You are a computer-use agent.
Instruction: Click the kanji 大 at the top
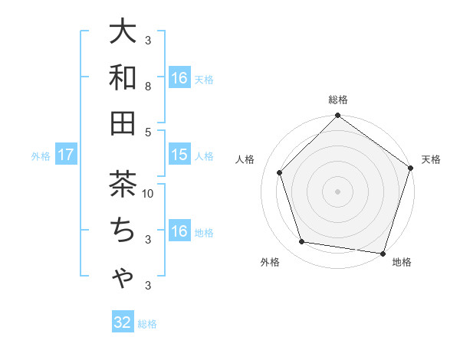point(123,32)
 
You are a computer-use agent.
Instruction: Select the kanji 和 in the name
point(123,77)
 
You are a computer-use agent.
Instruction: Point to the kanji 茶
point(123,185)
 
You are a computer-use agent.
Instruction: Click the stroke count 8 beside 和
point(149,87)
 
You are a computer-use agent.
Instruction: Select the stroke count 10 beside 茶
point(149,194)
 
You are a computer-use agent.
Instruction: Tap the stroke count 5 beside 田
point(149,132)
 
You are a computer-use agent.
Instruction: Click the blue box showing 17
point(66,155)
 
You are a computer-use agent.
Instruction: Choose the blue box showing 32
point(123,322)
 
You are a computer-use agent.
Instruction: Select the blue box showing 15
point(179,155)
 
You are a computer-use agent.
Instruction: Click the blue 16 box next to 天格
point(179,77)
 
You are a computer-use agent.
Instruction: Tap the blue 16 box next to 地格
point(179,231)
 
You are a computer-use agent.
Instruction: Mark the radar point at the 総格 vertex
point(337,116)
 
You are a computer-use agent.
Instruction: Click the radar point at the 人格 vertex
point(280,172)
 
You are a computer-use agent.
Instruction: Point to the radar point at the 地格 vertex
point(383,253)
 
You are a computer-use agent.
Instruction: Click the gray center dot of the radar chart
point(337,191)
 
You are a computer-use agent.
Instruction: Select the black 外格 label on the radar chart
point(270,263)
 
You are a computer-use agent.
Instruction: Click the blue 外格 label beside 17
point(41,156)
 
